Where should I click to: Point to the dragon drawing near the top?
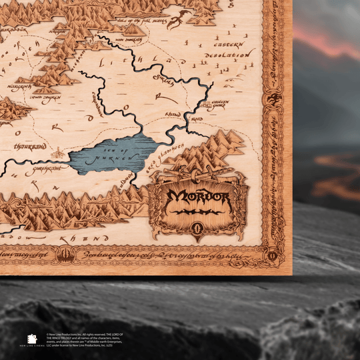click(x=177, y=19)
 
